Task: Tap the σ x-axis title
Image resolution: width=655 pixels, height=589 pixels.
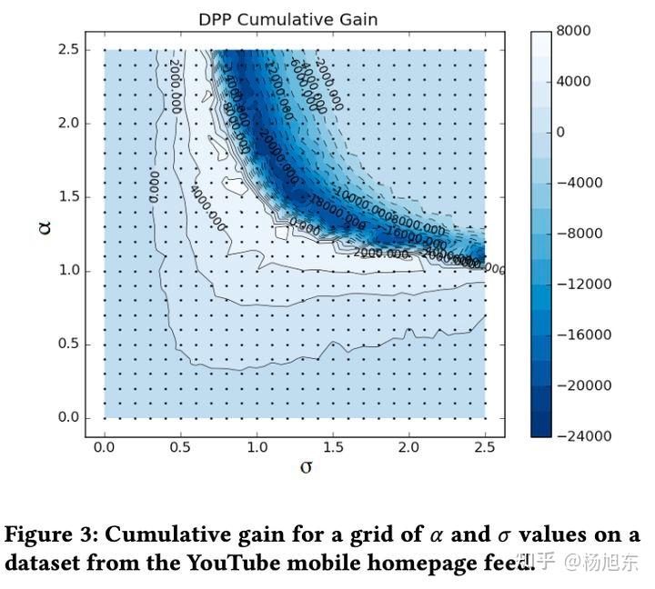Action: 307,467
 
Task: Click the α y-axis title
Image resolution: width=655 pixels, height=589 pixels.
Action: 45,225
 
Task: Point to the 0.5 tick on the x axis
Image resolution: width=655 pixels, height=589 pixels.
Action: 180,447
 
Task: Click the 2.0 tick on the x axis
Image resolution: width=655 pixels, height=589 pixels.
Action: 408,447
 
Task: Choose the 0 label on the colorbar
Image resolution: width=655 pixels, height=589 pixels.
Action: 561,132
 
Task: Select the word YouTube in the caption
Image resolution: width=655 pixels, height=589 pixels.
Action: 235,563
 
